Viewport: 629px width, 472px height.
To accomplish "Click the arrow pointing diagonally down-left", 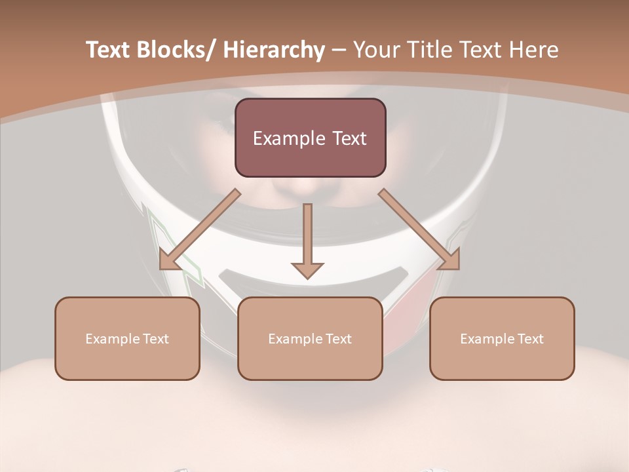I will click(x=200, y=229).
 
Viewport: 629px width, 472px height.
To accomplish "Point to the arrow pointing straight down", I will click(x=307, y=236).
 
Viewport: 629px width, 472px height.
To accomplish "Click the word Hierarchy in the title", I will click(x=273, y=50).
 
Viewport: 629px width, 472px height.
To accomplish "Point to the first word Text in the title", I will click(x=107, y=50).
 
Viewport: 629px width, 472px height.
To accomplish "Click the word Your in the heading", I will click(x=375, y=50).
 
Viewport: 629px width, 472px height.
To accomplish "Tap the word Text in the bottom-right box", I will click(x=530, y=339).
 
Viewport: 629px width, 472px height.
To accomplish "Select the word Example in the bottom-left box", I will click(x=111, y=339).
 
